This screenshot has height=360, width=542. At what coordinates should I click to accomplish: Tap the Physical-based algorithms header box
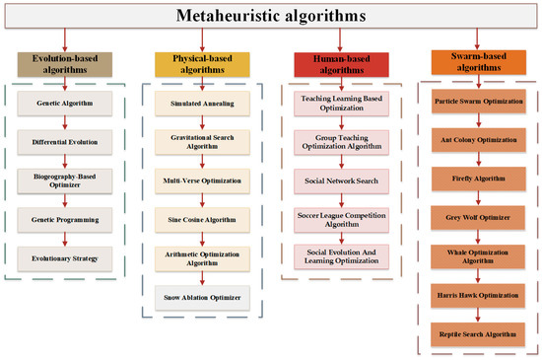202,64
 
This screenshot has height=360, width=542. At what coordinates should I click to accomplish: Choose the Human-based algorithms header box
341,64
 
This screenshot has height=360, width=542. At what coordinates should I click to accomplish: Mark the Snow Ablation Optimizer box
201,295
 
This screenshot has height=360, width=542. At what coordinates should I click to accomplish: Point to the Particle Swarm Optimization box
478,104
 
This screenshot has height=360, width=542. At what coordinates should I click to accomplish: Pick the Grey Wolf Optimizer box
478,217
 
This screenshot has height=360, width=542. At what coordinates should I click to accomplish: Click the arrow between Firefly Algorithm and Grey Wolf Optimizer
478,198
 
